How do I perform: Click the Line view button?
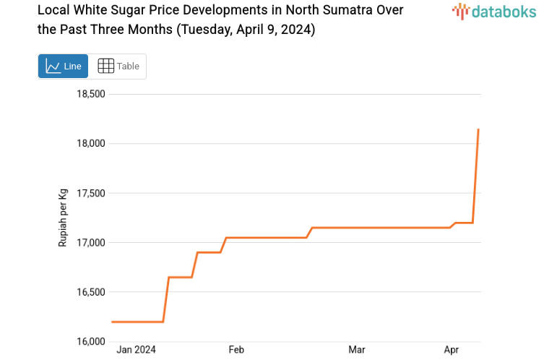[x=63, y=66]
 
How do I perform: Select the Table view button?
[x=118, y=66]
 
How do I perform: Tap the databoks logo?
[x=495, y=11]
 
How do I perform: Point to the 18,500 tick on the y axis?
[x=91, y=94]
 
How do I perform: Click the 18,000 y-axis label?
[x=91, y=143]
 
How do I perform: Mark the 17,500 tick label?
[x=91, y=193]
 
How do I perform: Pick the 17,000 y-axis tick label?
[x=91, y=242]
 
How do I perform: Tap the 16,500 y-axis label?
[x=91, y=292]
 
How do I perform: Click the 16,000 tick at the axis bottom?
[x=91, y=341]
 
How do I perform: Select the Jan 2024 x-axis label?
[x=137, y=350]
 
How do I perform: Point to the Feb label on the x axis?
[x=236, y=350]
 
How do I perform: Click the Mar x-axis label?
[x=356, y=350]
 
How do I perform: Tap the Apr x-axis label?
[x=452, y=350]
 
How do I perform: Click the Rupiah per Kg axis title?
[x=63, y=217]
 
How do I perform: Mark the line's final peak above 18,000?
[x=478, y=130]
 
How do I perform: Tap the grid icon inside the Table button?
[x=105, y=66]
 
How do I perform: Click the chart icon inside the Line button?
[x=53, y=66]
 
